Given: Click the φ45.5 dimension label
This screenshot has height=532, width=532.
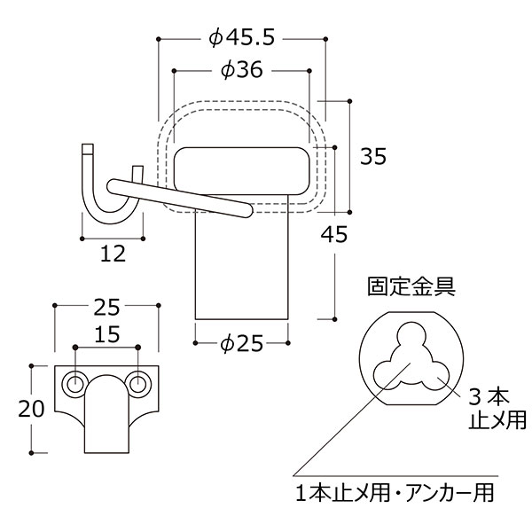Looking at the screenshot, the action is tap(241, 37).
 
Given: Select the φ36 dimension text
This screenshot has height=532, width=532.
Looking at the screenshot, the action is tap(241, 69).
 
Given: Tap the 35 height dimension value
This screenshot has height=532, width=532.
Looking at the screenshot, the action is tap(373, 156).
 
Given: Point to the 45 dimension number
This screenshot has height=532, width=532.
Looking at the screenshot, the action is tap(334, 234).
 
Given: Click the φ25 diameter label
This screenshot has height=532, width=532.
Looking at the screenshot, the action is tap(241, 343).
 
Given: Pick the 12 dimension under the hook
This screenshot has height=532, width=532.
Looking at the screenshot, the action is tap(113, 254).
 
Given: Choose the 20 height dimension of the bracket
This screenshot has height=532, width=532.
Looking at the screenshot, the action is tap(31, 409).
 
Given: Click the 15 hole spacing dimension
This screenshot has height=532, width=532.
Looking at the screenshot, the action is tap(107, 334).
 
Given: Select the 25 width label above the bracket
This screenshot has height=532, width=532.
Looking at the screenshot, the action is tap(106, 308).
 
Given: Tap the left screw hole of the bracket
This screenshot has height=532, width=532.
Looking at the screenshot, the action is tap(75, 385).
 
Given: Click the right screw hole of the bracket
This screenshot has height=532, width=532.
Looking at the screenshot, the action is tap(137, 385).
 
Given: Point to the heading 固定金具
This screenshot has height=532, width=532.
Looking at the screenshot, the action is tap(411, 286).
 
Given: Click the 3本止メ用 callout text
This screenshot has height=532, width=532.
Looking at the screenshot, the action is tap(497, 409).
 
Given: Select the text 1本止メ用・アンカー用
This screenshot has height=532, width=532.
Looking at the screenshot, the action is tap(395, 492).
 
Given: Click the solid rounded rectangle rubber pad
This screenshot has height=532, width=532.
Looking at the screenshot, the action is tap(241, 171).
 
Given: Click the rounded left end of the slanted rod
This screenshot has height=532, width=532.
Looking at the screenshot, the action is tap(113, 186).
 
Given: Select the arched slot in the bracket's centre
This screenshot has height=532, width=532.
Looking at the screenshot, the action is tap(106, 414).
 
